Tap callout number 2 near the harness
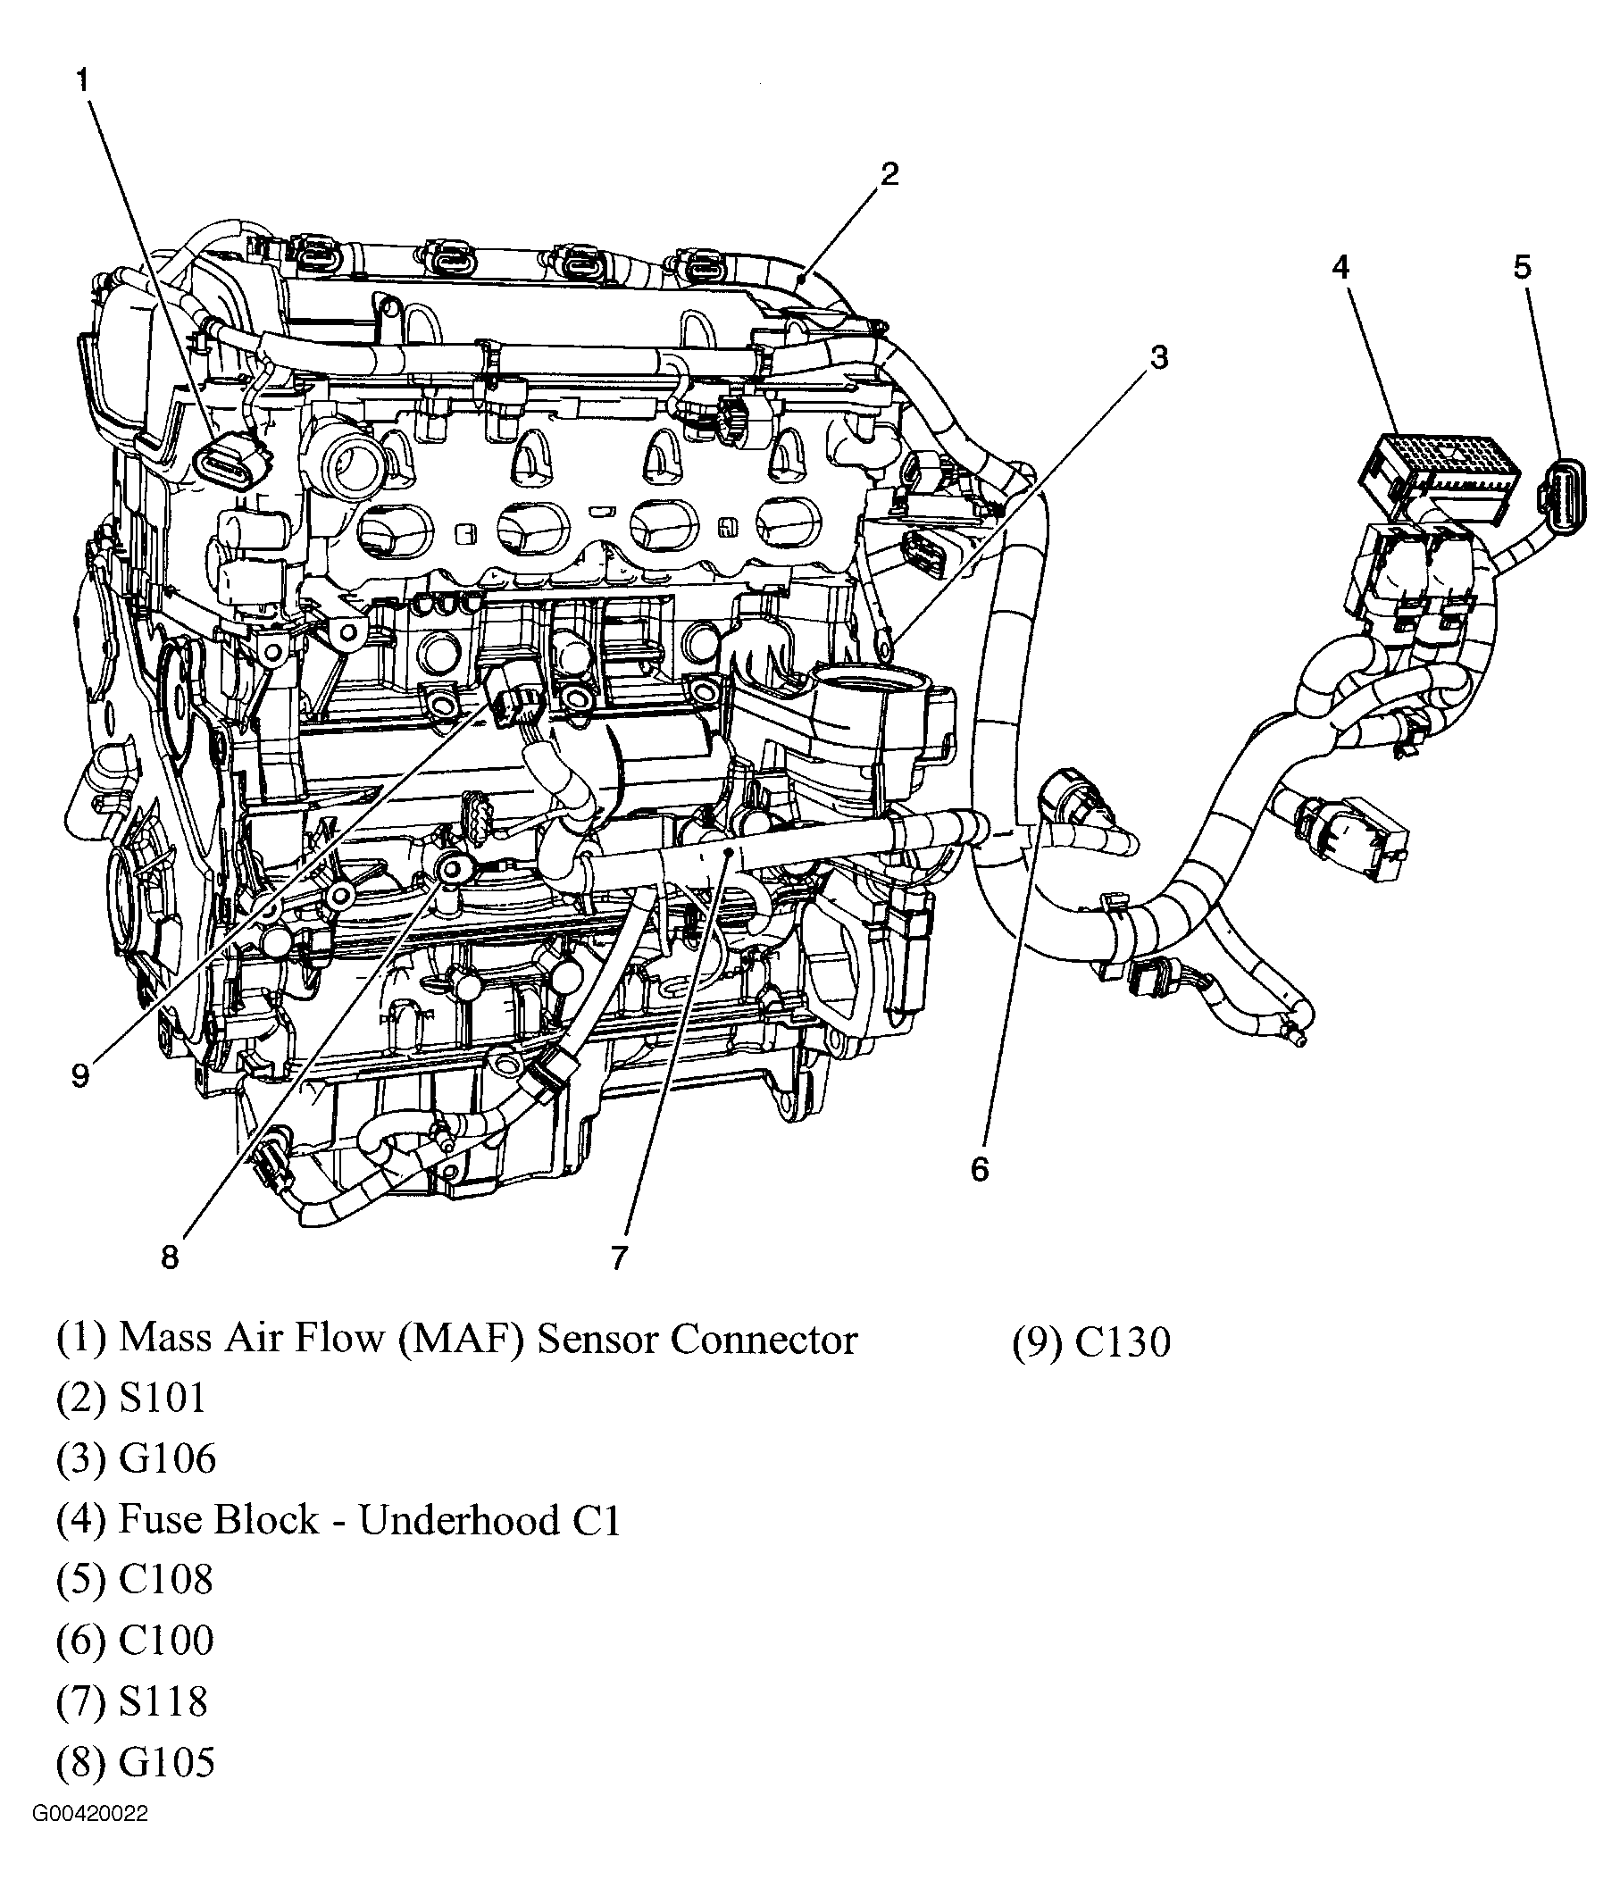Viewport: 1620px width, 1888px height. point(889,173)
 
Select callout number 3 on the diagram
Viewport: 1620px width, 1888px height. point(1157,358)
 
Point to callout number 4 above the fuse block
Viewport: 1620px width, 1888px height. point(1340,267)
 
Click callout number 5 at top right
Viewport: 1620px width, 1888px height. point(1522,267)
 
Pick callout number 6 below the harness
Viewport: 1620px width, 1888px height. point(980,1169)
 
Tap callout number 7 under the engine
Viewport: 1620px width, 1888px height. point(619,1258)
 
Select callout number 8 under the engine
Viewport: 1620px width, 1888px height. point(170,1258)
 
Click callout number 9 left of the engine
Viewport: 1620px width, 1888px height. point(80,1076)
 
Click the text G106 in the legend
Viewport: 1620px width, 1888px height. point(168,1458)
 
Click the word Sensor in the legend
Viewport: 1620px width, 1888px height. point(597,1340)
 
